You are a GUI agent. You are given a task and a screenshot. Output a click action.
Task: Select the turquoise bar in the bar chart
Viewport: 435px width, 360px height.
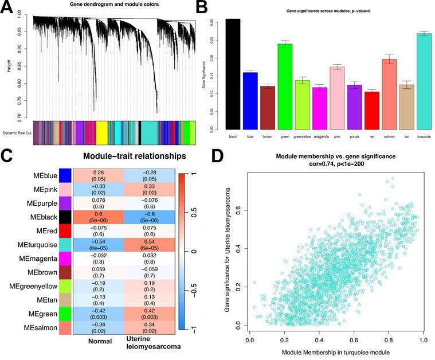pos(424,81)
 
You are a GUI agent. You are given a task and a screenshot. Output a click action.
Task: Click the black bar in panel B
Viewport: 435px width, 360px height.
pos(233,74)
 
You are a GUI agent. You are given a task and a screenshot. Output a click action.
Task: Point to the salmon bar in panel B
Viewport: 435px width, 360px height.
pos(392,94)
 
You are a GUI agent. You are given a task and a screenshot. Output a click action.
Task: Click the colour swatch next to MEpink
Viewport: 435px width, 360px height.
pos(65,189)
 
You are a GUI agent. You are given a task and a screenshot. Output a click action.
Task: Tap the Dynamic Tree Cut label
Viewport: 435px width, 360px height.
pos(17,133)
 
